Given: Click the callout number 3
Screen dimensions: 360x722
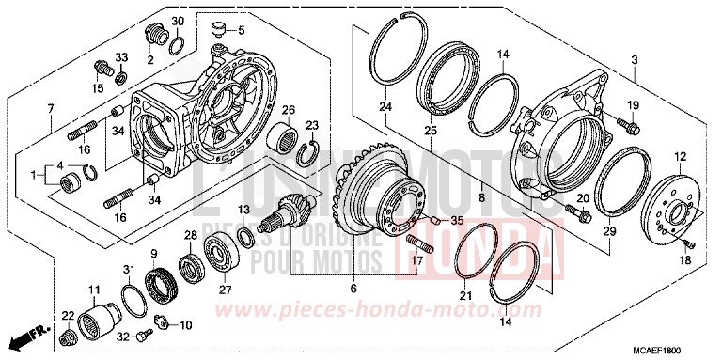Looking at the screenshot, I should (635, 61).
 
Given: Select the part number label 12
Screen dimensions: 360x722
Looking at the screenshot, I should (677, 156).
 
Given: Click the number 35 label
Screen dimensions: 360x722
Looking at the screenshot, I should (458, 221).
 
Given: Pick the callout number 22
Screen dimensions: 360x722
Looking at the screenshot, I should (68, 314).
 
